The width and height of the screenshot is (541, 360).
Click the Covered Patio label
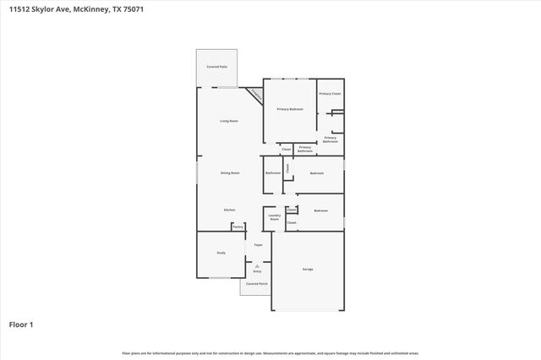click(216, 66)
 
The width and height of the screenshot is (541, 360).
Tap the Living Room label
click(229, 121)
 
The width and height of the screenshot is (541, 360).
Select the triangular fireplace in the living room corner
click(255, 95)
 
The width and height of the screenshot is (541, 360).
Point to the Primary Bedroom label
click(290, 109)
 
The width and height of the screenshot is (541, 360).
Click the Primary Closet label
click(330, 93)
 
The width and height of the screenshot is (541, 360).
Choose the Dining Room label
click(230, 172)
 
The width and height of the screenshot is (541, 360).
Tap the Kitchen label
click(229, 210)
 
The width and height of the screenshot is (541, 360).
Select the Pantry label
click(238, 226)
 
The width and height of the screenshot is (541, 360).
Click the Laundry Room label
click(274, 217)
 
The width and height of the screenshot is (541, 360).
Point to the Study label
click(221, 252)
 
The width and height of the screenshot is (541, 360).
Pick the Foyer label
click(259, 245)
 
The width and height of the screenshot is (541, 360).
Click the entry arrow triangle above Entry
click(257, 265)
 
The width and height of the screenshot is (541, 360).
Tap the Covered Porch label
click(256, 284)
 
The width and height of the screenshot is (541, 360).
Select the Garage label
click(308, 269)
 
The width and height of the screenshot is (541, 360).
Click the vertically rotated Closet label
click(287, 167)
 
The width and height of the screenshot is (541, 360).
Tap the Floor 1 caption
click(20, 324)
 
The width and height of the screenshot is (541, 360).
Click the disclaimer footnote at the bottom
click(270, 352)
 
